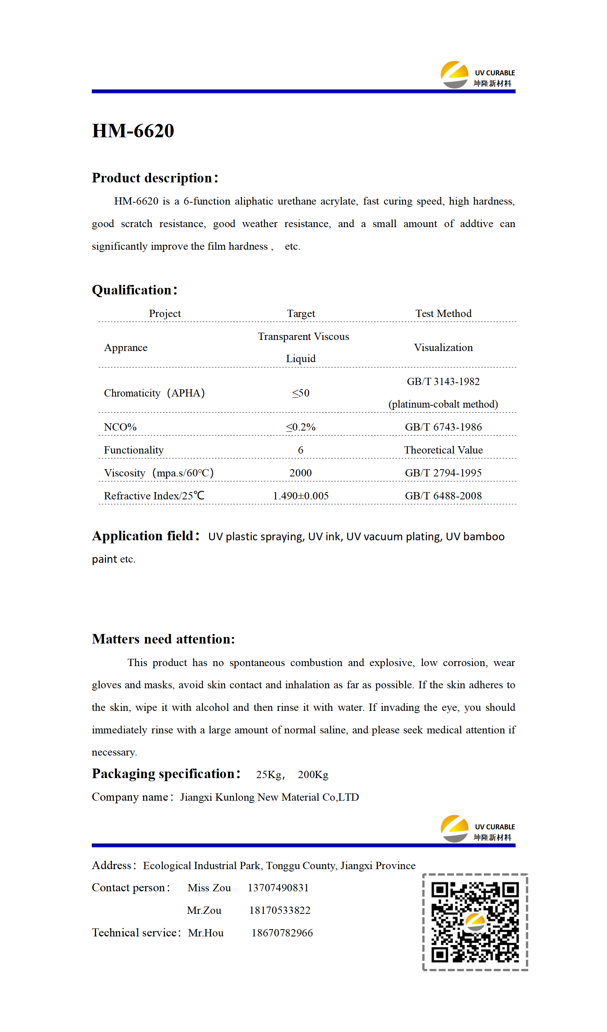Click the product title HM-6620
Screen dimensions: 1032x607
(x=133, y=131)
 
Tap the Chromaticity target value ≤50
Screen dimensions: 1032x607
(x=301, y=393)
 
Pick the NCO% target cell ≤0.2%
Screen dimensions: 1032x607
(x=301, y=427)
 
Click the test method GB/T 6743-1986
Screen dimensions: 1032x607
(x=443, y=427)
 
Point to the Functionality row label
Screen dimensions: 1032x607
(x=133, y=450)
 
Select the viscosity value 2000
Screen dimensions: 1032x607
(x=301, y=473)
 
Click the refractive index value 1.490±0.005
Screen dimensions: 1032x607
(x=301, y=496)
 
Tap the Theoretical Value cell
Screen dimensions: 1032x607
(x=443, y=450)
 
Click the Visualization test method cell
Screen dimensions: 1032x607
(x=443, y=348)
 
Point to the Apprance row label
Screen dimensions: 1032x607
(x=126, y=348)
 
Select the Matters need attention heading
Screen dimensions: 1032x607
(x=163, y=639)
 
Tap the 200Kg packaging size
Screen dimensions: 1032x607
(x=313, y=775)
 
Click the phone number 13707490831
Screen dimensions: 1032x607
(x=278, y=888)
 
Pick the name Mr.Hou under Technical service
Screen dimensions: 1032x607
(x=206, y=933)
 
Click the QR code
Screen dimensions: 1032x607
(x=475, y=922)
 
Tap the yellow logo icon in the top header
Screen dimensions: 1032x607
(x=454, y=74)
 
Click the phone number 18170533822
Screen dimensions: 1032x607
(x=280, y=910)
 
